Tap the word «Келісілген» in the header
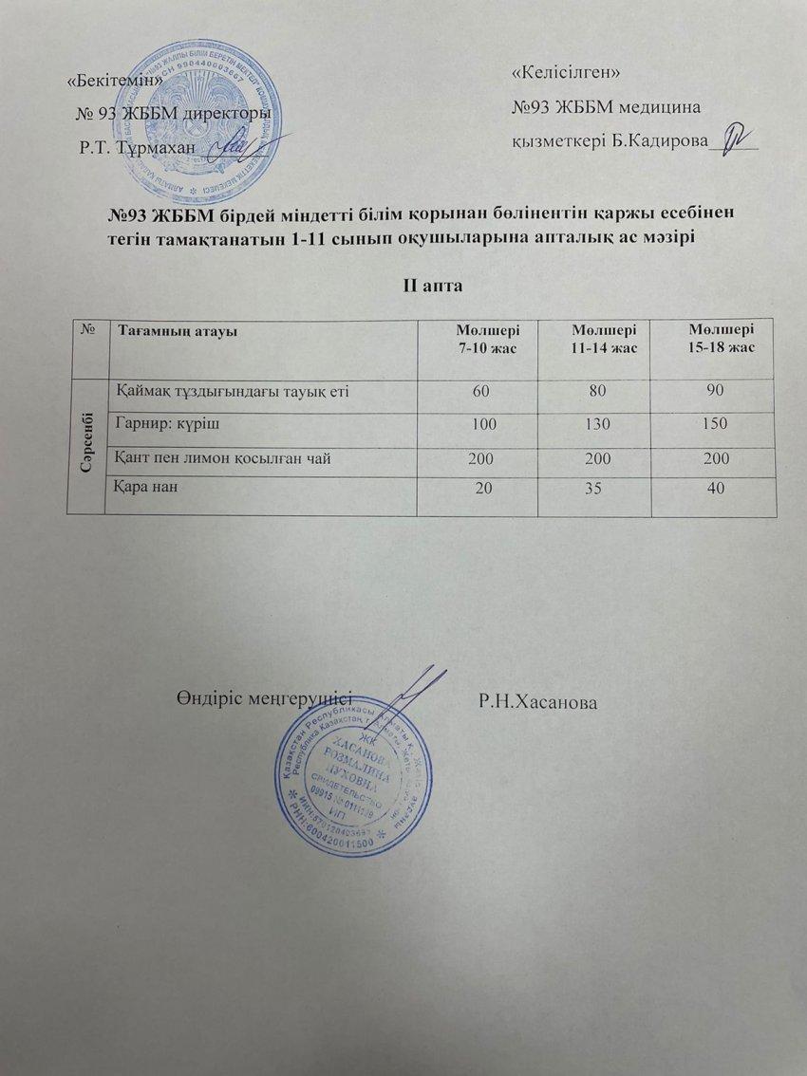click(x=566, y=72)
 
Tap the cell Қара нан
click(x=147, y=487)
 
